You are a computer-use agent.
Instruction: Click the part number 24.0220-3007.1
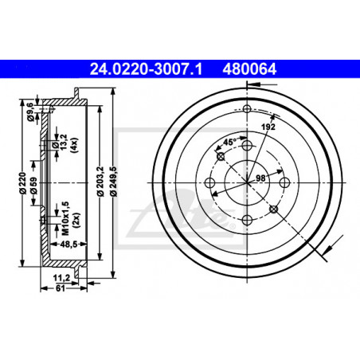tap(146, 69)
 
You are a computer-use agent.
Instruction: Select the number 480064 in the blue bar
tap(249, 69)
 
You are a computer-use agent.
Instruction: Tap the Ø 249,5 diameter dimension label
tap(114, 182)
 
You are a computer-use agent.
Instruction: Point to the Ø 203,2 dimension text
tap(100, 182)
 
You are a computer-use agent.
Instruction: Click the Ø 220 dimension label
tap(23, 183)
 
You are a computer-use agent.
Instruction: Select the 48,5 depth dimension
tap(68, 245)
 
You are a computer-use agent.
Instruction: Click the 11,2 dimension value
tap(61, 278)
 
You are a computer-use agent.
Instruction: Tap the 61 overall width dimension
tap(61, 288)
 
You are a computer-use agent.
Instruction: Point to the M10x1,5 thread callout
tap(65, 218)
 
